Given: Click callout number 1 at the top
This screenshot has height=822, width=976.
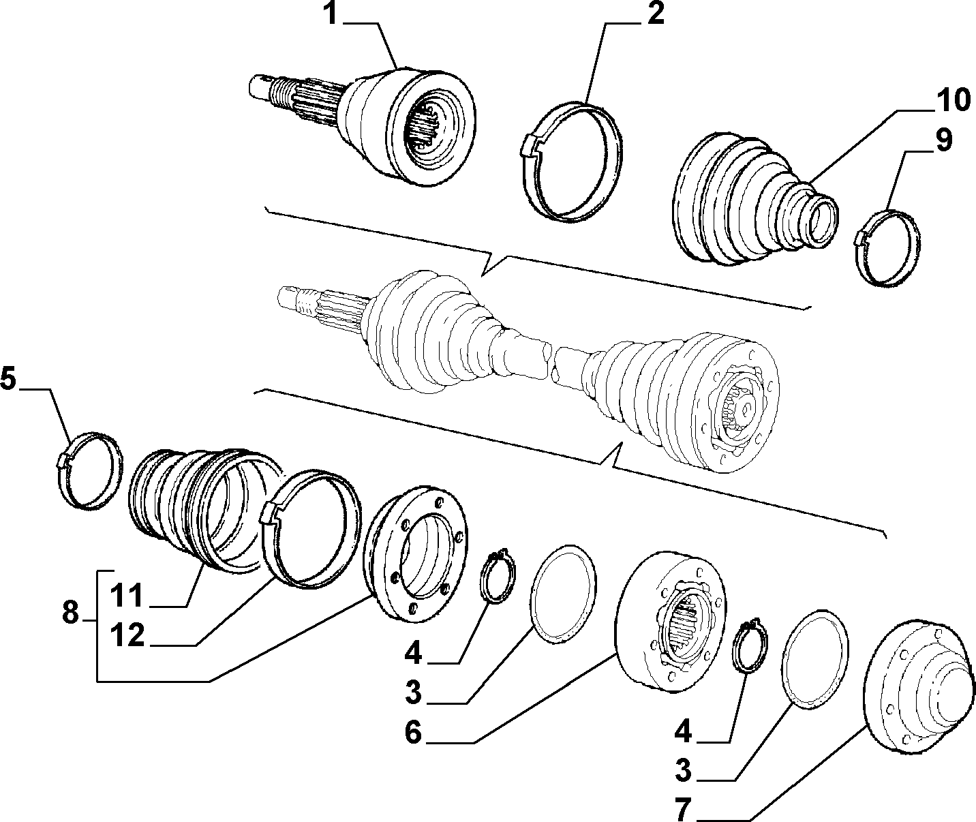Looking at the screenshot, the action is (x=331, y=14).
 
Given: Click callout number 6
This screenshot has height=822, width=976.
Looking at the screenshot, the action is (x=413, y=732).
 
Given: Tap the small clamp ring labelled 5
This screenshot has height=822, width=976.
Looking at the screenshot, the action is (x=91, y=471).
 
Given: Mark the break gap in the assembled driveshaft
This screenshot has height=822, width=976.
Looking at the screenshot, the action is (x=551, y=359).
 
